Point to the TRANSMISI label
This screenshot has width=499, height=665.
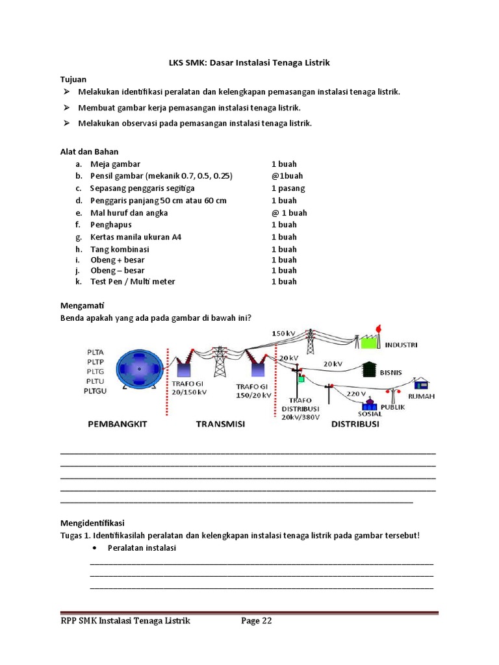pyautogui.click(x=222, y=424)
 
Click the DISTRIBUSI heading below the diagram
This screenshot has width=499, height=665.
pyautogui.click(x=355, y=424)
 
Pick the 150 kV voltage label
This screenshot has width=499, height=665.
pyautogui.click(x=284, y=334)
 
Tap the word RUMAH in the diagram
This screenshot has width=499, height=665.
pyautogui.click(x=421, y=396)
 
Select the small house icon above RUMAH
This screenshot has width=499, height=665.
pyautogui.click(x=421, y=383)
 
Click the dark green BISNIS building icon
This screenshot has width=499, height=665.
pyautogui.click(x=370, y=369)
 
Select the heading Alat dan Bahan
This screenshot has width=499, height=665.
pyautogui.click(x=89, y=151)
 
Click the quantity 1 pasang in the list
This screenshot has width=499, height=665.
pyautogui.click(x=288, y=188)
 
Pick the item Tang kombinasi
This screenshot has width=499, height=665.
pyautogui.click(x=120, y=249)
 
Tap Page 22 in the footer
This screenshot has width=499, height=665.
pyautogui.click(x=256, y=621)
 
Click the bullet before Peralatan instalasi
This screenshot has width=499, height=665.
pyautogui.click(x=96, y=548)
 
